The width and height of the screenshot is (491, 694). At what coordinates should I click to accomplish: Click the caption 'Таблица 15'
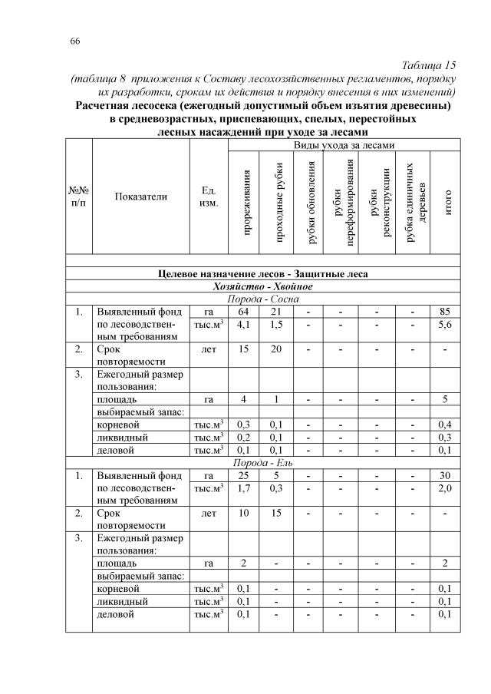click(429, 66)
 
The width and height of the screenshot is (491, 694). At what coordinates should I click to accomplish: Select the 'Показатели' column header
click(140, 197)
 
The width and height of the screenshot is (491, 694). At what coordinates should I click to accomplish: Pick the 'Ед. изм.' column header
click(208, 197)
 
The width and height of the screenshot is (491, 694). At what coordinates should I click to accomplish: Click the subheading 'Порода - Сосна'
click(263, 299)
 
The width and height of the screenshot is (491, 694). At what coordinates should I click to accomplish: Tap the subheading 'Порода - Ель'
click(263, 463)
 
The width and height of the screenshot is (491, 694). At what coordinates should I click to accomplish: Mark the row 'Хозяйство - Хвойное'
click(263, 286)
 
